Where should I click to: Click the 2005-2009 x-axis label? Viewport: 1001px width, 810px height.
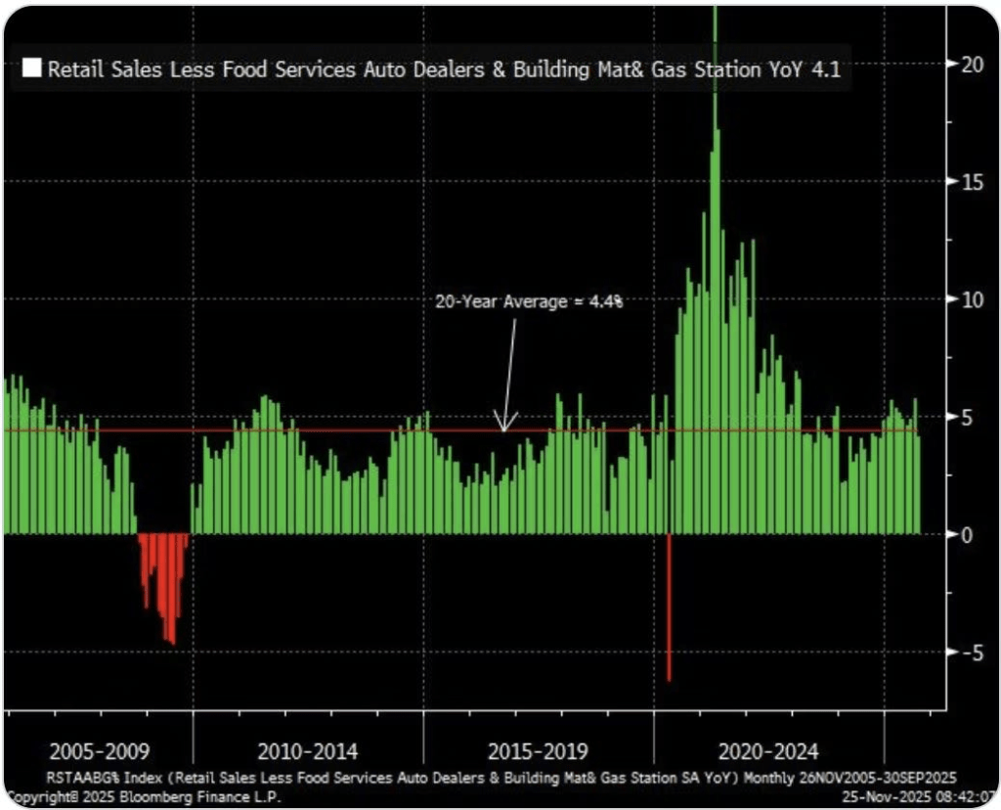pyautogui.click(x=99, y=752)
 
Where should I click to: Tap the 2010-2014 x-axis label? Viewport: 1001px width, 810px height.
pyautogui.click(x=307, y=752)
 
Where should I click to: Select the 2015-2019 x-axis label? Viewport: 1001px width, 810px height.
pyautogui.click(x=538, y=752)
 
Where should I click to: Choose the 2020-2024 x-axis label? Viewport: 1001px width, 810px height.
pyautogui.click(x=768, y=752)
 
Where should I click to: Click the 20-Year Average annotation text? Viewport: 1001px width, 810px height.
pyautogui.click(x=529, y=302)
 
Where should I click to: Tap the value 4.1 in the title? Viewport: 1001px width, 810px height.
pyautogui.click(x=828, y=69)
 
